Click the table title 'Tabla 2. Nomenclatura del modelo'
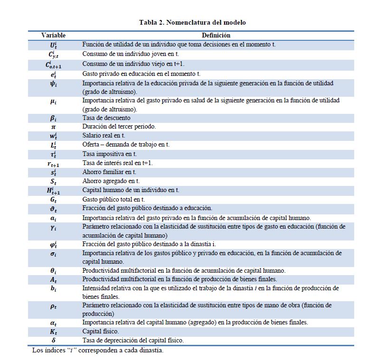[x=192, y=22]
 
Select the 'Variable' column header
[x=54, y=35]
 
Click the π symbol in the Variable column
[x=54, y=127]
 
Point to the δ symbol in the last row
[x=54, y=340]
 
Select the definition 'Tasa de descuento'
[x=106, y=118]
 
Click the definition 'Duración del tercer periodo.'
[x=120, y=127]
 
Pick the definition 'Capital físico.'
[x=101, y=331]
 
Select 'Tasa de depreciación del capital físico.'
[x=133, y=340]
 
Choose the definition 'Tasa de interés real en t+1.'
[x=118, y=163]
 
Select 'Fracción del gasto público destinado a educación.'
[x=147, y=208]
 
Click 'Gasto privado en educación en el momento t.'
[x=141, y=74]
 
